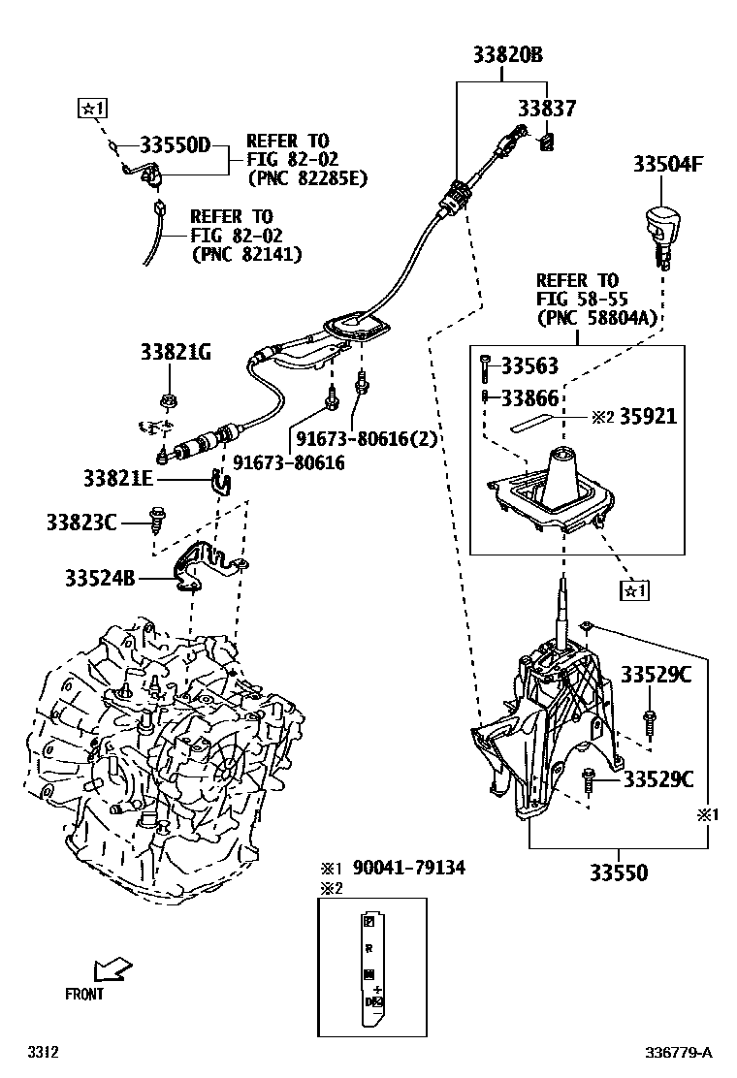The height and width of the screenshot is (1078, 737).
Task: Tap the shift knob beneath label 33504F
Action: (659, 229)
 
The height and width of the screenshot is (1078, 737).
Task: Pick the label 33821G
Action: (174, 353)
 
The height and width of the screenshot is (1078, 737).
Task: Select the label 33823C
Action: (80, 523)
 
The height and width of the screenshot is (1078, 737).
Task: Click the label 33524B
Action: (100, 579)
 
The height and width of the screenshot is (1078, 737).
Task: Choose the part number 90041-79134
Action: (408, 867)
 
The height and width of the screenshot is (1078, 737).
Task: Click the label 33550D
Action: (175, 145)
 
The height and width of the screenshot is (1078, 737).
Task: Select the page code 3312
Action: (43, 1052)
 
